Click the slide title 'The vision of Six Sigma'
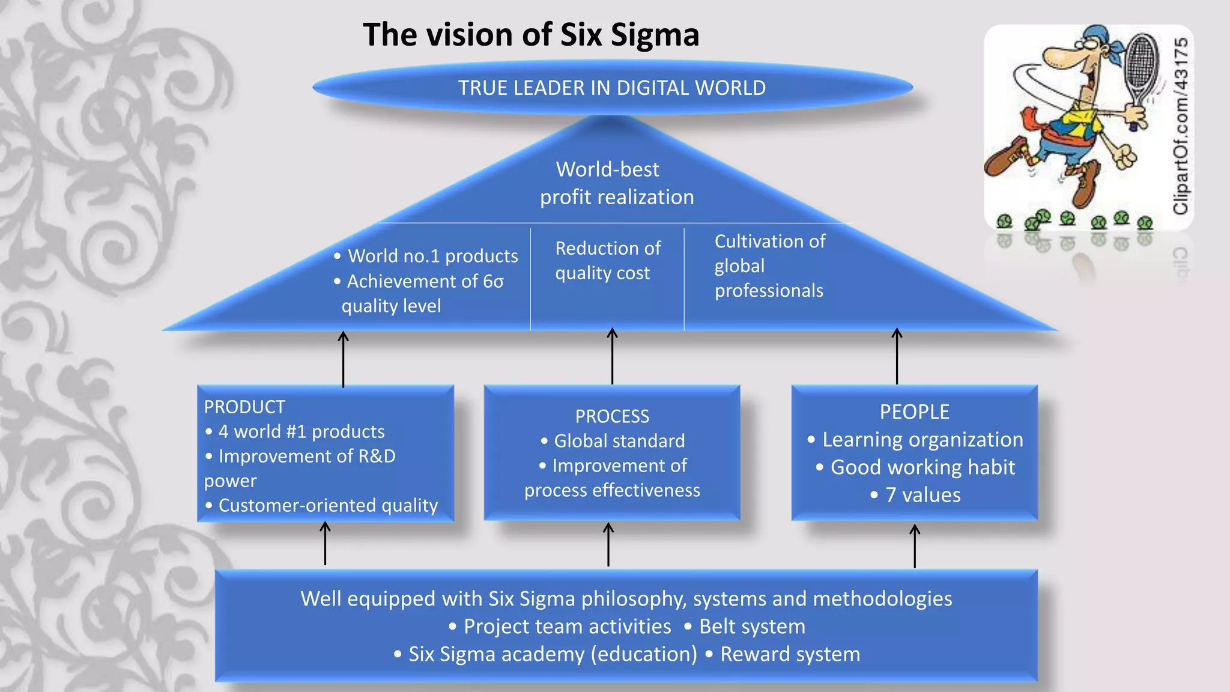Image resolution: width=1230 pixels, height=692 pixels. (x=531, y=35)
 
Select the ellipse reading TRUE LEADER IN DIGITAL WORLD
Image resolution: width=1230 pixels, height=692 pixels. (x=612, y=88)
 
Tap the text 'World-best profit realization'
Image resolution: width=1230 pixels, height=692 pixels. (x=616, y=183)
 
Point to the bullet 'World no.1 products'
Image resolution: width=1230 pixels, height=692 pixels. (x=432, y=256)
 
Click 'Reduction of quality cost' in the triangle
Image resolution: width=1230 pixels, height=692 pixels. (x=607, y=261)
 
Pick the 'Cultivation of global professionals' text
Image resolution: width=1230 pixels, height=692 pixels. (x=769, y=266)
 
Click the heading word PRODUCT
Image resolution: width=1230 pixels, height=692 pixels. (x=244, y=407)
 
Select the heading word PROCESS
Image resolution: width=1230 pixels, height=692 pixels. (x=612, y=416)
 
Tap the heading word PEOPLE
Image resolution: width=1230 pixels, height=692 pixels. (x=914, y=412)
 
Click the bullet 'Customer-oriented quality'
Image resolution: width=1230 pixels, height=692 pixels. (x=327, y=505)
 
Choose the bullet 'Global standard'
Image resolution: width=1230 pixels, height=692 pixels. (x=619, y=441)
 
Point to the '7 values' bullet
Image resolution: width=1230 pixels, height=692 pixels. (x=922, y=495)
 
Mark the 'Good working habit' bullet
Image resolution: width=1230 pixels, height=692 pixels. (x=922, y=467)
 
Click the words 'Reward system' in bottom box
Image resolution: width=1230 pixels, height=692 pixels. (x=789, y=654)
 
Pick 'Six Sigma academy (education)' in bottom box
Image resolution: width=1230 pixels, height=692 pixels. (x=553, y=654)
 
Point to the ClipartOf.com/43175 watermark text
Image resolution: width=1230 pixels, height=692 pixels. (x=1181, y=126)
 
